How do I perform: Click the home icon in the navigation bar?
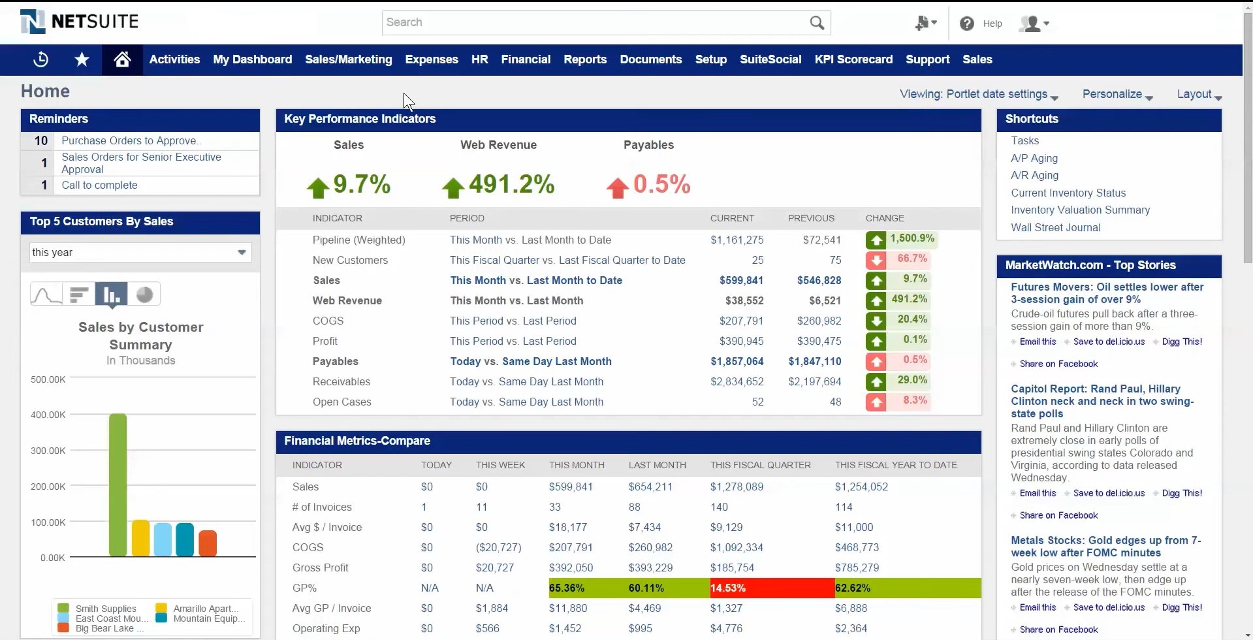pos(122,59)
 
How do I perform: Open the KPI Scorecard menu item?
pos(853,59)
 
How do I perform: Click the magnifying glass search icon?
pos(817,23)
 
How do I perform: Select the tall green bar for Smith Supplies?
pos(118,485)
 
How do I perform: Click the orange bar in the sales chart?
pos(208,543)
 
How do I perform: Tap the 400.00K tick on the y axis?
pos(48,415)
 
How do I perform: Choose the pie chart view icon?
pos(144,295)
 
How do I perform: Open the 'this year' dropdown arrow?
pos(242,252)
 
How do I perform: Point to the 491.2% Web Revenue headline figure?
pos(511,184)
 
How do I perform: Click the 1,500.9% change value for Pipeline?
pos(912,238)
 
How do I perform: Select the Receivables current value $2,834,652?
pos(737,381)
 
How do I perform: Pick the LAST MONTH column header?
pos(658,465)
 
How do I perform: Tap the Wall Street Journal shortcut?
pos(1056,227)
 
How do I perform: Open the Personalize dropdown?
pos(1117,94)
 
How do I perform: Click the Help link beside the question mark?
pos(992,24)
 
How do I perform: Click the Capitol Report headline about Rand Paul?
pos(1102,401)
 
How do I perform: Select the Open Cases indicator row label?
pos(342,402)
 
